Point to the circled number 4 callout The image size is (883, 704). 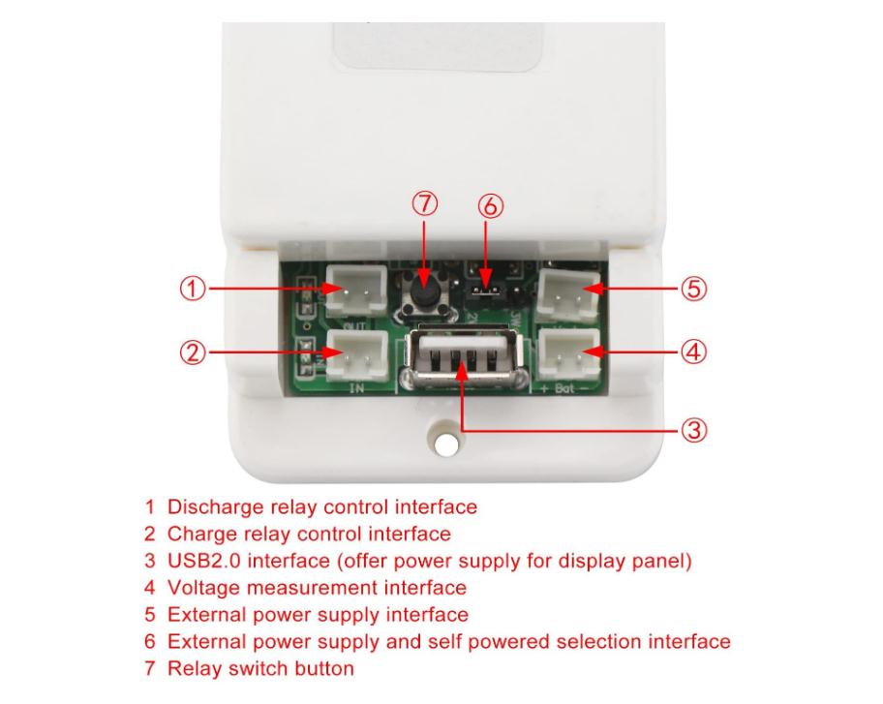tap(688, 352)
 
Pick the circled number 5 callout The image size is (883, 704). tap(688, 288)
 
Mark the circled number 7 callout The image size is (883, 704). tap(425, 203)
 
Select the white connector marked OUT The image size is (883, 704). tap(350, 291)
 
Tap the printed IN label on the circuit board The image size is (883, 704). tap(355, 387)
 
